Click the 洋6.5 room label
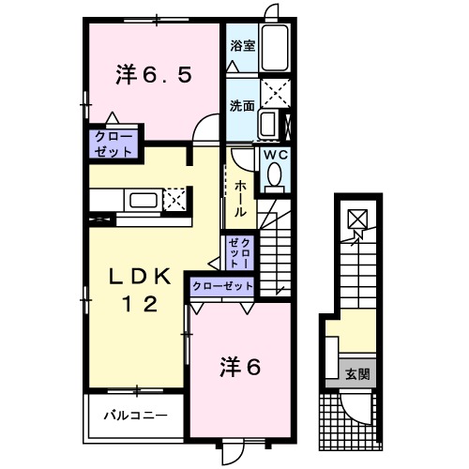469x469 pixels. [155, 75]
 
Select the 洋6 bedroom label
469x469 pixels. [240, 366]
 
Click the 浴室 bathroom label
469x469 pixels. [242, 44]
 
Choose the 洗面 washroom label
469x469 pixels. [242, 106]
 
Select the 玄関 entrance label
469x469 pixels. [356, 374]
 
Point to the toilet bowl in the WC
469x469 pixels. [276, 175]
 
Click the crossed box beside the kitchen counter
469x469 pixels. [174, 199]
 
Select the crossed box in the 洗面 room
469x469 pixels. [274, 93]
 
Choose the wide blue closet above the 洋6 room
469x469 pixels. [223, 286]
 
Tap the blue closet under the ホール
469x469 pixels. [239, 251]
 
